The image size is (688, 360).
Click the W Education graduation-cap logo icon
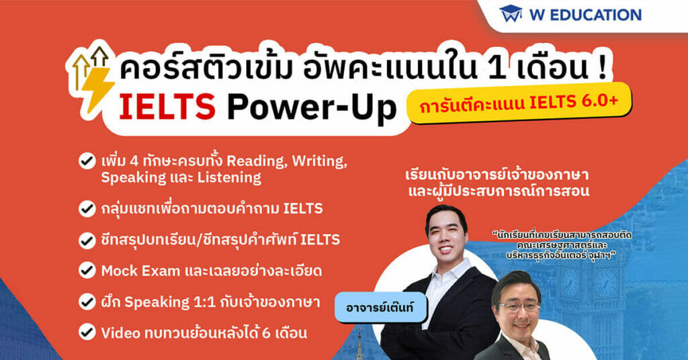511,14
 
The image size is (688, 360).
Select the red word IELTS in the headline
167,107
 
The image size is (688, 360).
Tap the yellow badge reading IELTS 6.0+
519,103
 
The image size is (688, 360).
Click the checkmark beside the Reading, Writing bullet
87,161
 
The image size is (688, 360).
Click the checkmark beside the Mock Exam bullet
87,271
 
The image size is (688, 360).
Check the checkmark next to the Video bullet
87,332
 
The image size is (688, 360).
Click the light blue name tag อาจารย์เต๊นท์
380,308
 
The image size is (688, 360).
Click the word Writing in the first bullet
319,162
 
